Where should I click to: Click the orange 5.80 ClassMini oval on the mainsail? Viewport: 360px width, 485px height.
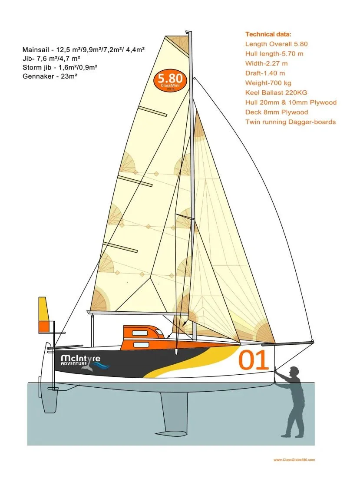pyautogui.click(x=170, y=80)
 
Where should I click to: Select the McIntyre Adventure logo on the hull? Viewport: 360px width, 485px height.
pyautogui.click(x=83, y=362)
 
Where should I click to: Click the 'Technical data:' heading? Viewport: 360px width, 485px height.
pyautogui.click(x=268, y=34)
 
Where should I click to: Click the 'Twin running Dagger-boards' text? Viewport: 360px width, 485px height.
pyautogui.click(x=290, y=122)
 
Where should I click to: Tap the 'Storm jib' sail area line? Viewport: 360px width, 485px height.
pyautogui.click(x=60, y=67)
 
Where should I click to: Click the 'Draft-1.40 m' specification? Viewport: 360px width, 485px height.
pyautogui.click(x=265, y=73)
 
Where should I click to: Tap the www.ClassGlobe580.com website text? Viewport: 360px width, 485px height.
pyautogui.click(x=294, y=459)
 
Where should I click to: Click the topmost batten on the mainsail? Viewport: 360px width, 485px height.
pyautogui.click(x=152, y=111)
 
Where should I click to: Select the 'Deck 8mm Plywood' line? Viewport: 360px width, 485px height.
pyautogui.click(x=277, y=112)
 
